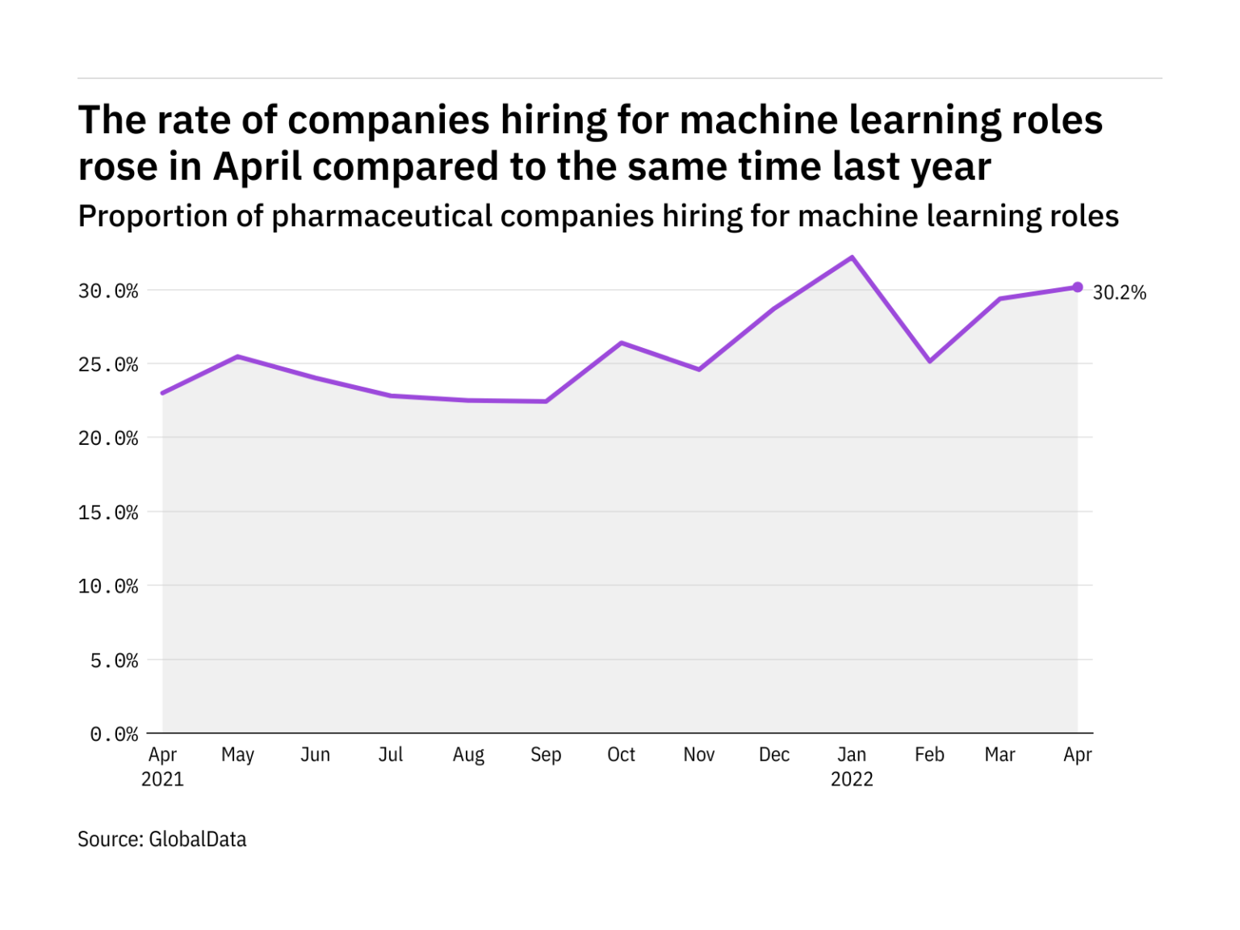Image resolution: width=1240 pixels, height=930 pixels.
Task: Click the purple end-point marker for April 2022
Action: click(1077, 287)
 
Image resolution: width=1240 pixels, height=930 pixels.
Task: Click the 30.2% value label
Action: click(1119, 292)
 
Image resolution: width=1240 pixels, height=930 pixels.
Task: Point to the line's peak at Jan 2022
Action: click(852, 258)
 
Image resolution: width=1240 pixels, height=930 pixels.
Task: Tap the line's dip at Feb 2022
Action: click(930, 361)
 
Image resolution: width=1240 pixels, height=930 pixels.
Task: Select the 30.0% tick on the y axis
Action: click(108, 291)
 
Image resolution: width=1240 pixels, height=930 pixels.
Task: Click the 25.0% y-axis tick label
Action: click(108, 365)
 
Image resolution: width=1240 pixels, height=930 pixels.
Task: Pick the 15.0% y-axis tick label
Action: click(108, 513)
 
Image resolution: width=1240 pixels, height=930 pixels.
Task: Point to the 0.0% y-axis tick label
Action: click(114, 735)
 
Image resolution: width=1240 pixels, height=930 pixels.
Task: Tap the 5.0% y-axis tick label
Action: click(114, 661)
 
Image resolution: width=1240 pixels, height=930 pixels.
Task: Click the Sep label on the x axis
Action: click(546, 755)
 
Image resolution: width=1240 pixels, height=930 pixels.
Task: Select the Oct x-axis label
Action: click(621, 755)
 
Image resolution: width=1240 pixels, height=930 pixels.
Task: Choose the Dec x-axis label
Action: click(773, 755)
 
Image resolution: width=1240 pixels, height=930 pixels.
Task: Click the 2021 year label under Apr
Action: click(162, 780)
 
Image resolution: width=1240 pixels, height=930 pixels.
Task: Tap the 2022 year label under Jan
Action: click(852, 780)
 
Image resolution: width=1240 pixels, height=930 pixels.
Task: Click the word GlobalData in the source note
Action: click(198, 840)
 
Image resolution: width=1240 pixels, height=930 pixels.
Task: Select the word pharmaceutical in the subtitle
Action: click(382, 216)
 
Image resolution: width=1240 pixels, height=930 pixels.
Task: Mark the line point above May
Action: click(237, 356)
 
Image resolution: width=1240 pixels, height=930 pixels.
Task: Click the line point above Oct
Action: click(621, 343)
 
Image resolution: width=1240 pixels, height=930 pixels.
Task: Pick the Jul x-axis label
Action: click(391, 755)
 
